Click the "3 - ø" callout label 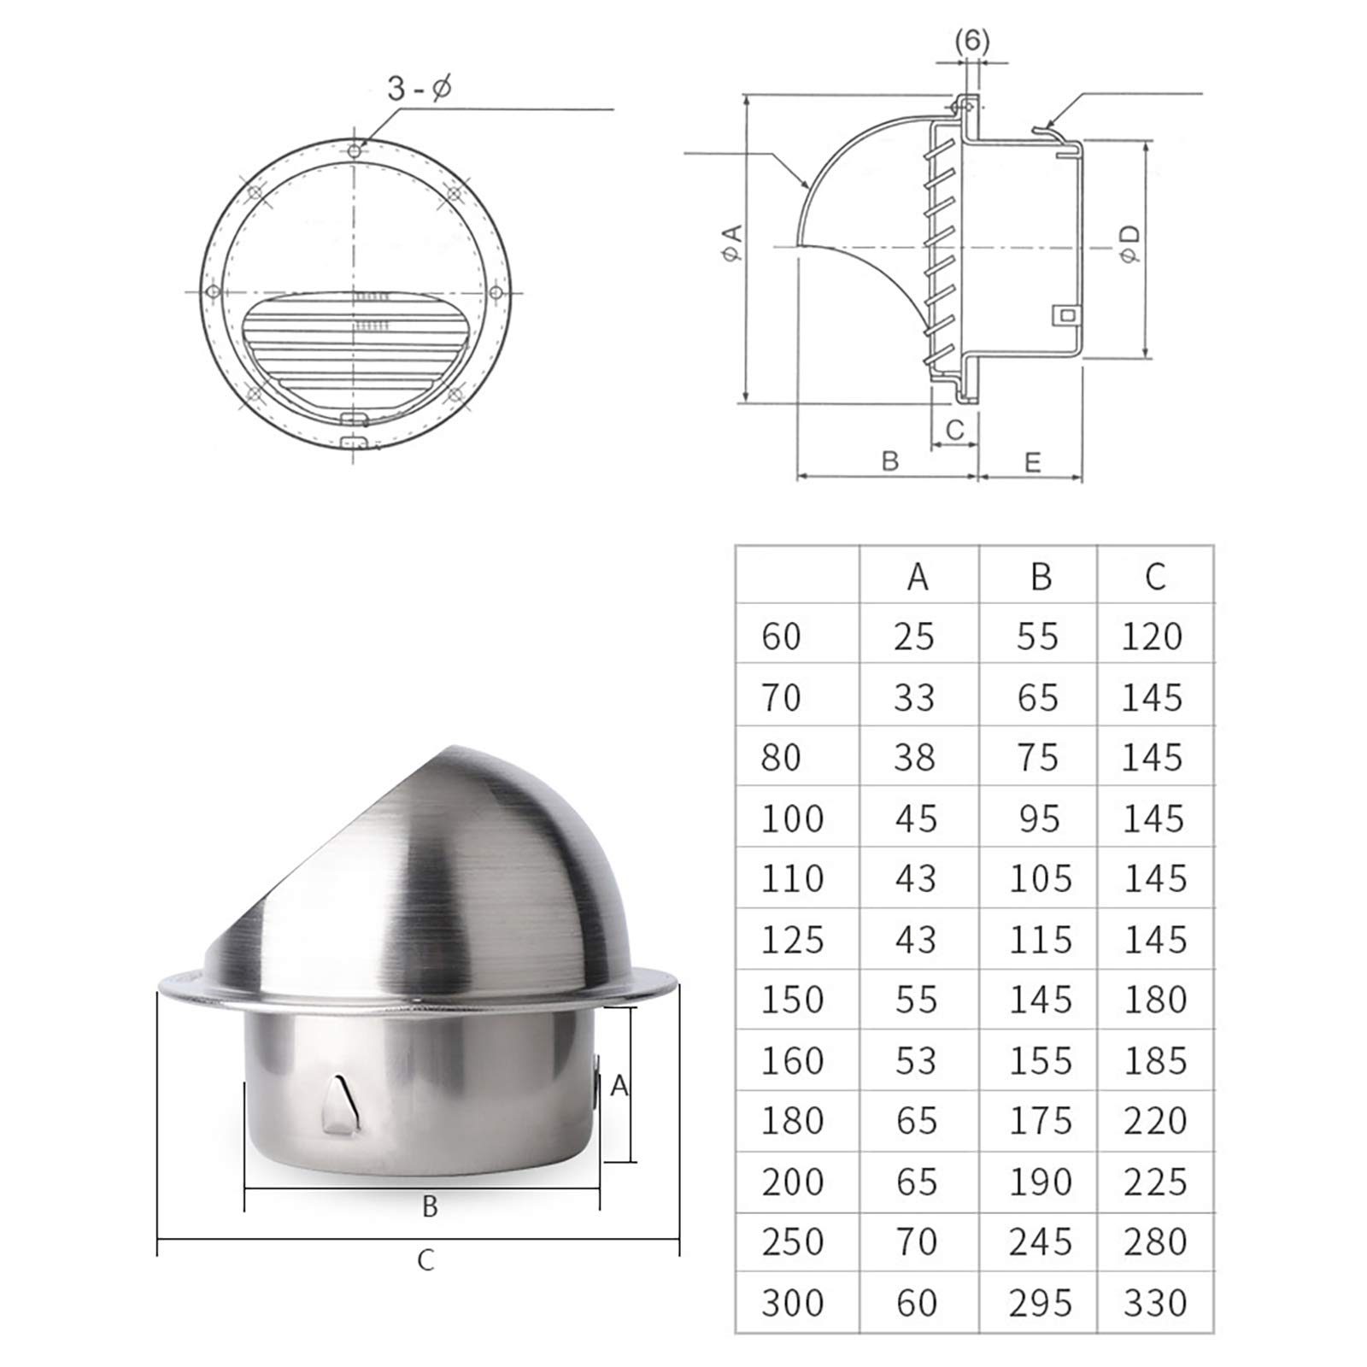(x=419, y=88)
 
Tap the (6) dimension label (x=971, y=41)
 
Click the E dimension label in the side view (x=1032, y=462)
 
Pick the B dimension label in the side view (x=889, y=461)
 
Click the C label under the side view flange (x=954, y=429)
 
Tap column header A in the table (x=917, y=577)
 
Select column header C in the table (x=1155, y=577)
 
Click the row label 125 (x=792, y=940)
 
